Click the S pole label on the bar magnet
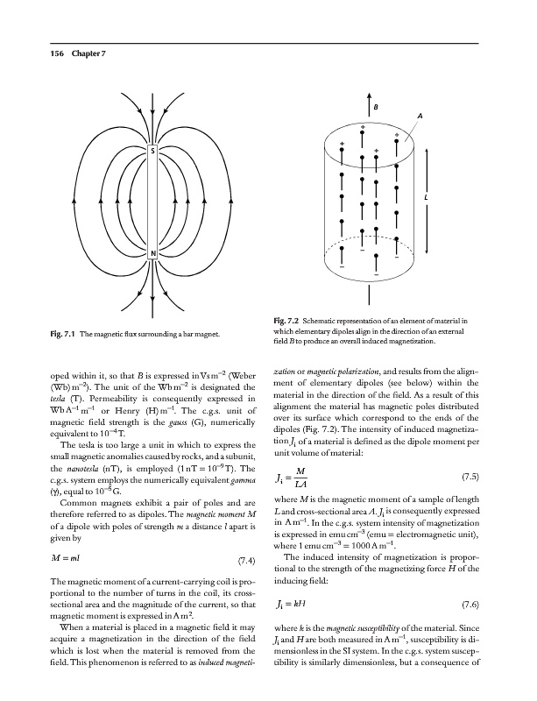pos(153,150)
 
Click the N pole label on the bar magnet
pos(153,254)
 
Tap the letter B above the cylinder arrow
pos(376,106)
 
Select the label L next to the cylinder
pos(425,197)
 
